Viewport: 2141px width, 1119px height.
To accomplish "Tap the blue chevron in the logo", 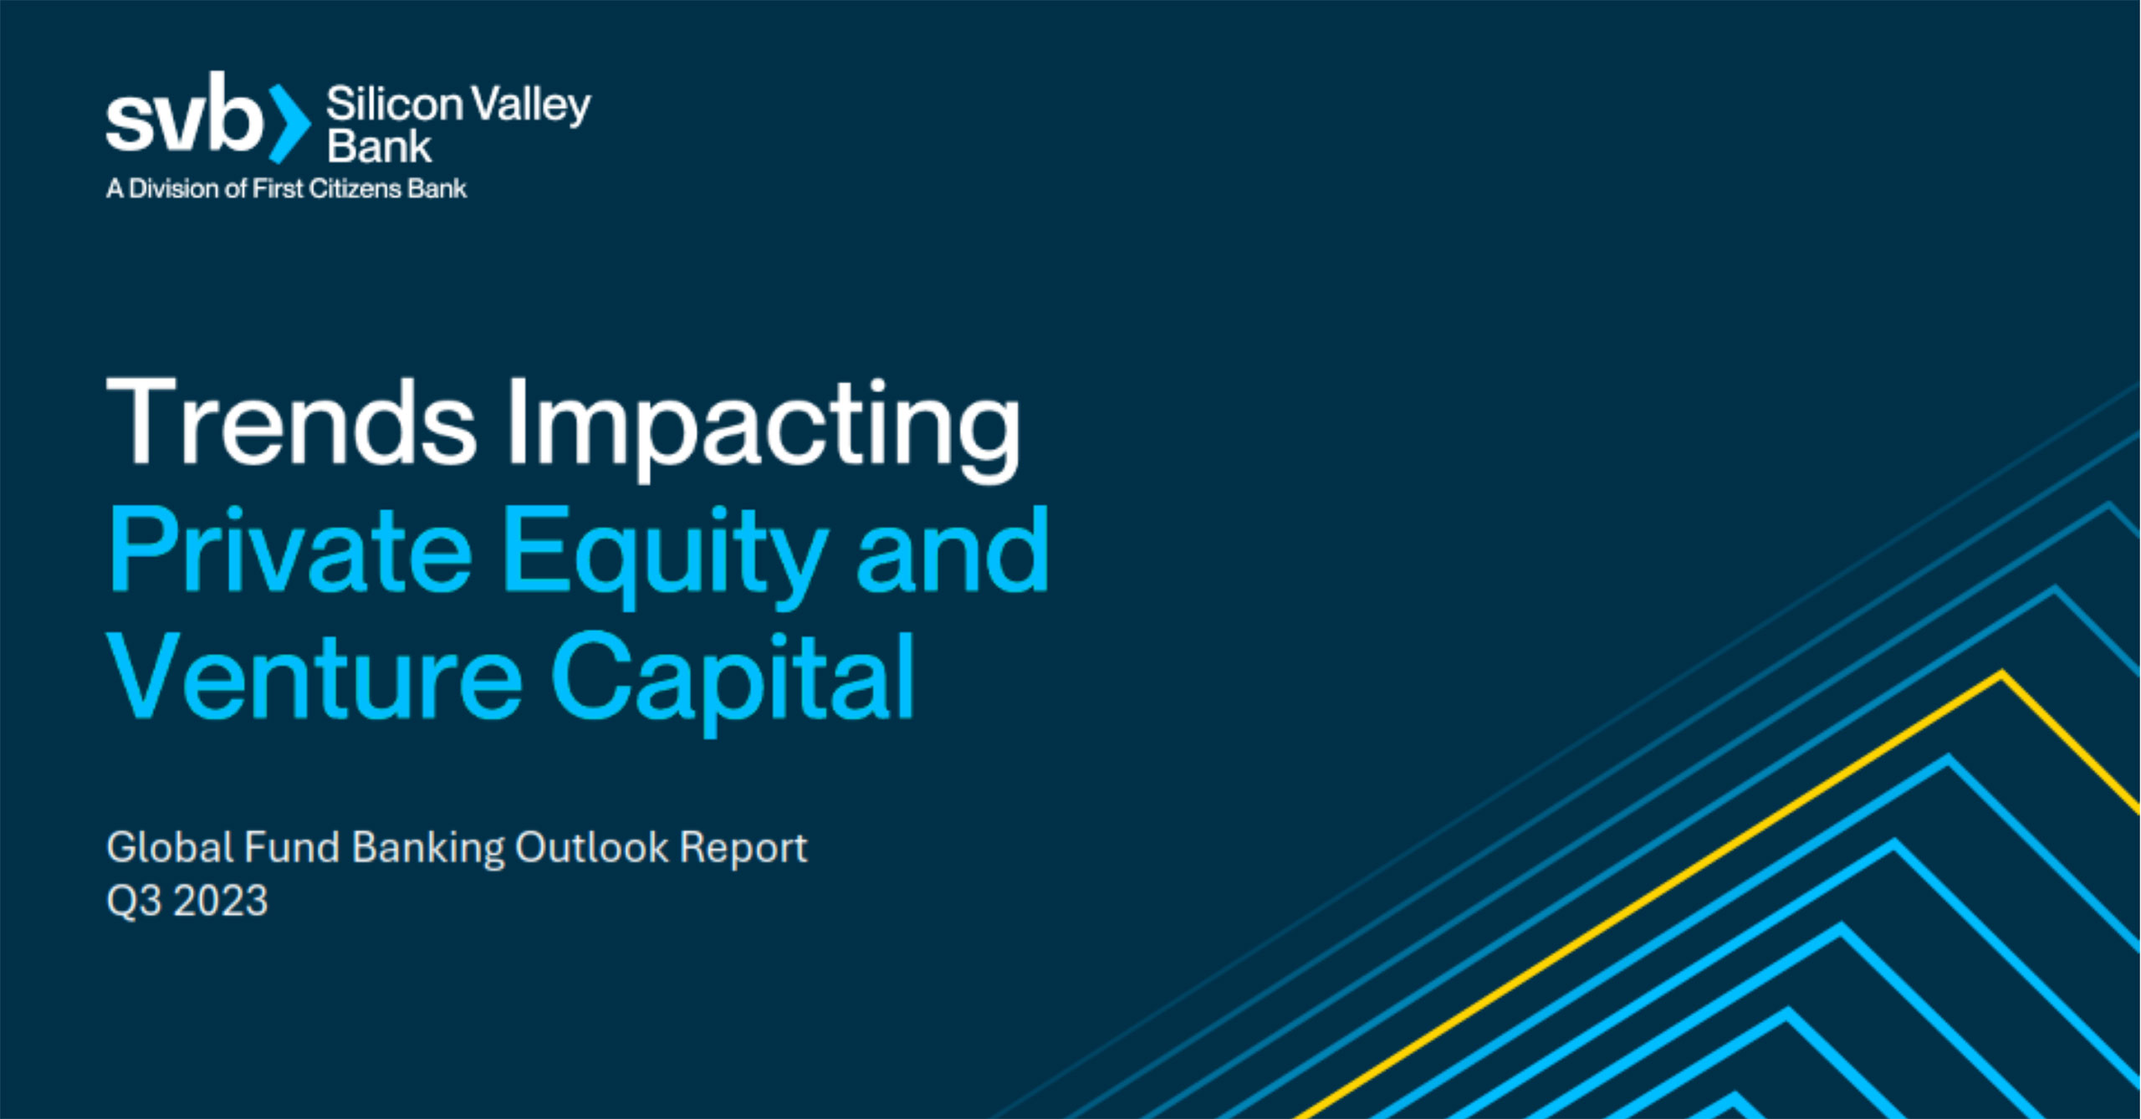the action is [x=289, y=123].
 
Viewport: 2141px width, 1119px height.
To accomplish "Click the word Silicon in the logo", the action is [x=394, y=104].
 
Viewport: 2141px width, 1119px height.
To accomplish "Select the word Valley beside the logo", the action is [x=531, y=106].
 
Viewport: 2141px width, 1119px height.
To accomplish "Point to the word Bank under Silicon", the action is [x=379, y=146].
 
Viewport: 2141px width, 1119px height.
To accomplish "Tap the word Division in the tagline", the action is [x=174, y=188].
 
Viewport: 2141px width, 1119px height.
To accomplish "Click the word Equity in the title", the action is [x=666, y=559].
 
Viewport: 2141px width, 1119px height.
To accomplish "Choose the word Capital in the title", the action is [x=733, y=685].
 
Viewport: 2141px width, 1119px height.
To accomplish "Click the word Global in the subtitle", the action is [x=171, y=847].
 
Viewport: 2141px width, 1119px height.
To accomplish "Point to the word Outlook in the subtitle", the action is [x=592, y=847].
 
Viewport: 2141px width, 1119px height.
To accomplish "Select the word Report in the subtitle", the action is [x=743, y=850].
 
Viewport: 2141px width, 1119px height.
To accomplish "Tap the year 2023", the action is [x=221, y=901].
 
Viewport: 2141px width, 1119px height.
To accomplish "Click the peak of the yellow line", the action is [x=2002, y=673].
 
